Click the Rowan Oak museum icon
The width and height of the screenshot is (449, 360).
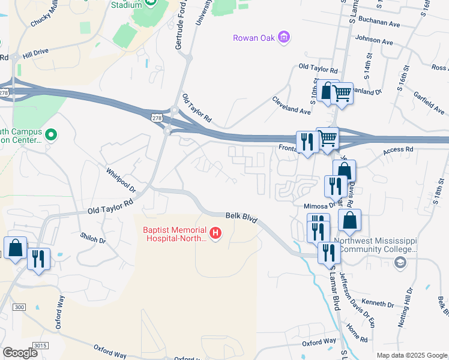coord(285,38)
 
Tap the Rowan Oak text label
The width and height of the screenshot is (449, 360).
coord(254,38)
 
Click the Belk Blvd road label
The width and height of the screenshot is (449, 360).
coord(241,217)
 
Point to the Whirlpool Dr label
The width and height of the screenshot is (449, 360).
coord(122,179)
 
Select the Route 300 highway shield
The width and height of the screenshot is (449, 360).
coord(20,307)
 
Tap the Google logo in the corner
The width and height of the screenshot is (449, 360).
coord(20,353)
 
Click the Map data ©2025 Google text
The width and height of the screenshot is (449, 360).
coord(412,355)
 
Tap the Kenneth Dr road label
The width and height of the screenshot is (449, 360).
coord(379,305)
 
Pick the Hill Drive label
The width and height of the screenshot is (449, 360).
coord(35,54)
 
